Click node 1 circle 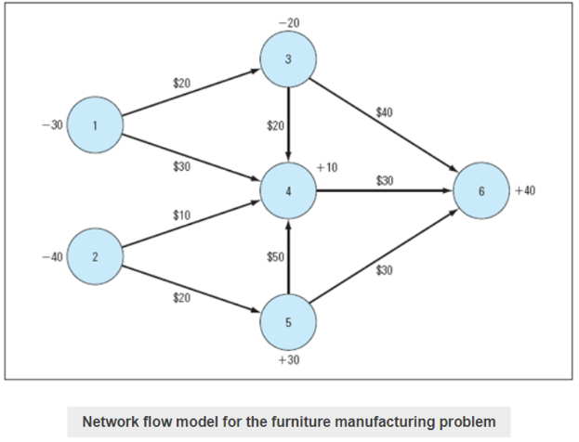point(95,124)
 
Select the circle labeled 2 point(95,256)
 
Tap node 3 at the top point(288,59)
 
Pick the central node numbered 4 point(288,191)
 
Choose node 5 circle point(288,322)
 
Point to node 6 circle point(480,191)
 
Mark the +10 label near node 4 point(326,167)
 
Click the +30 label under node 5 point(288,359)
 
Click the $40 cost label point(384,112)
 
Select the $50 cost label point(276,256)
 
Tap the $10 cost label point(182,214)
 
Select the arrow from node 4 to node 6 point(385,191)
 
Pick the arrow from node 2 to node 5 point(191,289)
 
